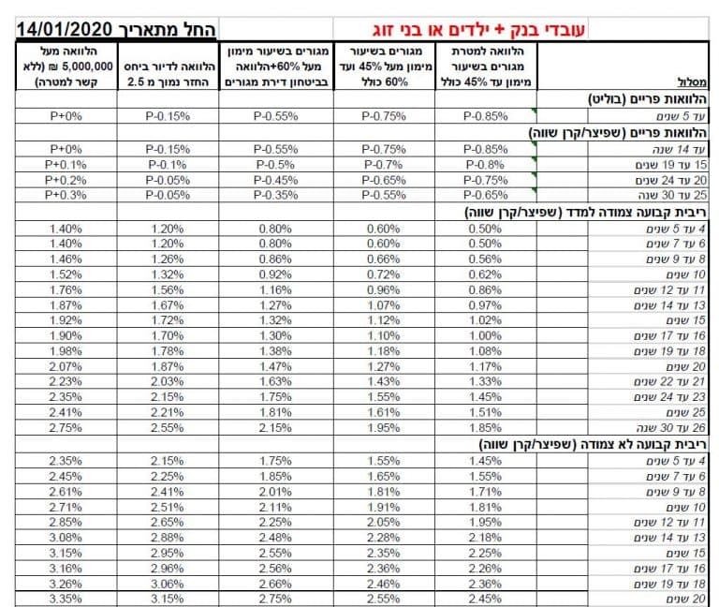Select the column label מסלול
691,81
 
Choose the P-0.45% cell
276,180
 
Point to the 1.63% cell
276,382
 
